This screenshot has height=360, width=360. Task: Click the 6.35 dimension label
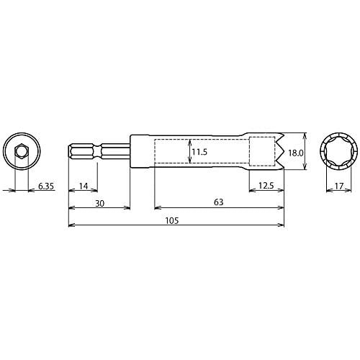tap(46, 186)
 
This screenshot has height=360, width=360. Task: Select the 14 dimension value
tap(84, 186)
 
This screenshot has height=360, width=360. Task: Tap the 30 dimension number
tap(100, 204)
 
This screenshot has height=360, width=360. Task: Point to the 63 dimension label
tap(218, 202)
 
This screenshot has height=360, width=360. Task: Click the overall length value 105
tap(172, 220)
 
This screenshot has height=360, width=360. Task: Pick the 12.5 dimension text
tap(266, 186)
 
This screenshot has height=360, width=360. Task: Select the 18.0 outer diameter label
tap(296, 153)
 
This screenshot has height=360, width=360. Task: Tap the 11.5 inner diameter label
tap(199, 152)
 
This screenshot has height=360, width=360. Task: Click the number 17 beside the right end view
tap(339, 186)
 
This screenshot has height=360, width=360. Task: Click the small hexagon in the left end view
tap(22, 151)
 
